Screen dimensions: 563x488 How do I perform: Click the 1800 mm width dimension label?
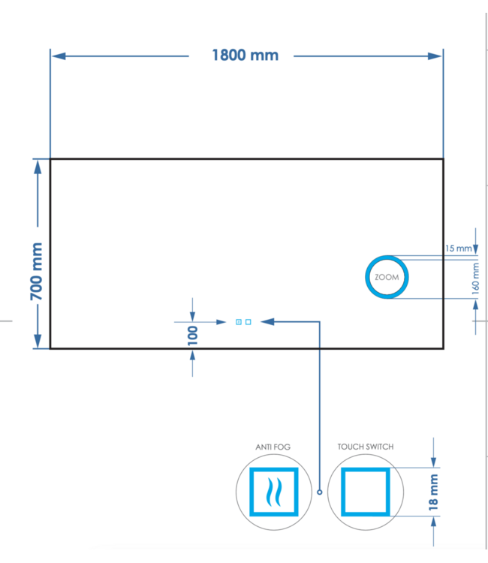(245, 55)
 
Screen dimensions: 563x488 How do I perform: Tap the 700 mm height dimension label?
(37, 271)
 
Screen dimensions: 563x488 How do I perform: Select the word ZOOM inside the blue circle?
(387, 277)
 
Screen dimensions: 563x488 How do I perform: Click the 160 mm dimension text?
(474, 277)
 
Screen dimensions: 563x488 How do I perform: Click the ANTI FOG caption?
(273, 447)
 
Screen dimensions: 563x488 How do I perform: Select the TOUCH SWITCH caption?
(365, 447)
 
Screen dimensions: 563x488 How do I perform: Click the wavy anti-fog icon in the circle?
(273, 492)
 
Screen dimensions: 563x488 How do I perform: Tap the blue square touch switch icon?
(365, 492)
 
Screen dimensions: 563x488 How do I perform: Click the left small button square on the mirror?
(239, 322)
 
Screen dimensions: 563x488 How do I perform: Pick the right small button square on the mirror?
(249, 322)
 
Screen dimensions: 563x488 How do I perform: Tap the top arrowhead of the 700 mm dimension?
(37, 165)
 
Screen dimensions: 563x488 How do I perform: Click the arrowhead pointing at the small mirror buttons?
(267, 322)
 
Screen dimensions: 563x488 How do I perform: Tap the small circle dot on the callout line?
(320, 492)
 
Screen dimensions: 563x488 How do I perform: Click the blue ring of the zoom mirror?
(368, 277)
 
